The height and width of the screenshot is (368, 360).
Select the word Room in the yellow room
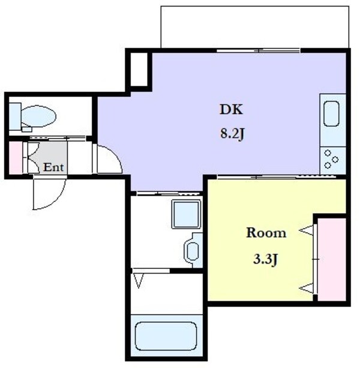[x=266, y=232]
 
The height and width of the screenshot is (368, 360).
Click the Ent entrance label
[x=53, y=167]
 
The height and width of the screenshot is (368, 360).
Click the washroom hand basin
[x=193, y=249]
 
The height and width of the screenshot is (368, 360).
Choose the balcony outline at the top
[x=254, y=27]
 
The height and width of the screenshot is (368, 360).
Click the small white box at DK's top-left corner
[x=139, y=69]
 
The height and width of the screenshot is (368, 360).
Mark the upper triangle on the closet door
[x=307, y=229]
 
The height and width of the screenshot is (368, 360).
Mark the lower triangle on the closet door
[x=307, y=287]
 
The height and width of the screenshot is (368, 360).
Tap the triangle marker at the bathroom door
[x=139, y=280]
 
